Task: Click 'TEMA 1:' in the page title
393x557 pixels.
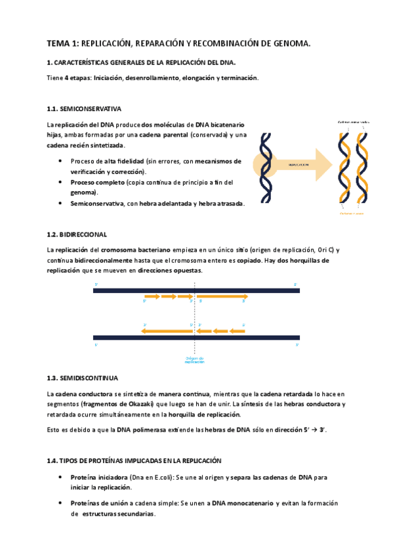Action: pyautogui.click(x=62, y=44)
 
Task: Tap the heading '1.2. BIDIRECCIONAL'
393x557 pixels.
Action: pyautogui.click(x=76, y=234)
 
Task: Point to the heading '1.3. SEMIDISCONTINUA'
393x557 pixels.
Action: pyautogui.click(x=82, y=378)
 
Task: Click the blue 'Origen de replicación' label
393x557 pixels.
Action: pyautogui.click(x=194, y=359)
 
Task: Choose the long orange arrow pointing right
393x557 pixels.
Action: pyautogui.click(x=220, y=297)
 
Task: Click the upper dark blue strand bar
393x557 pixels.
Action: pyautogui.click(x=196, y=290)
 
